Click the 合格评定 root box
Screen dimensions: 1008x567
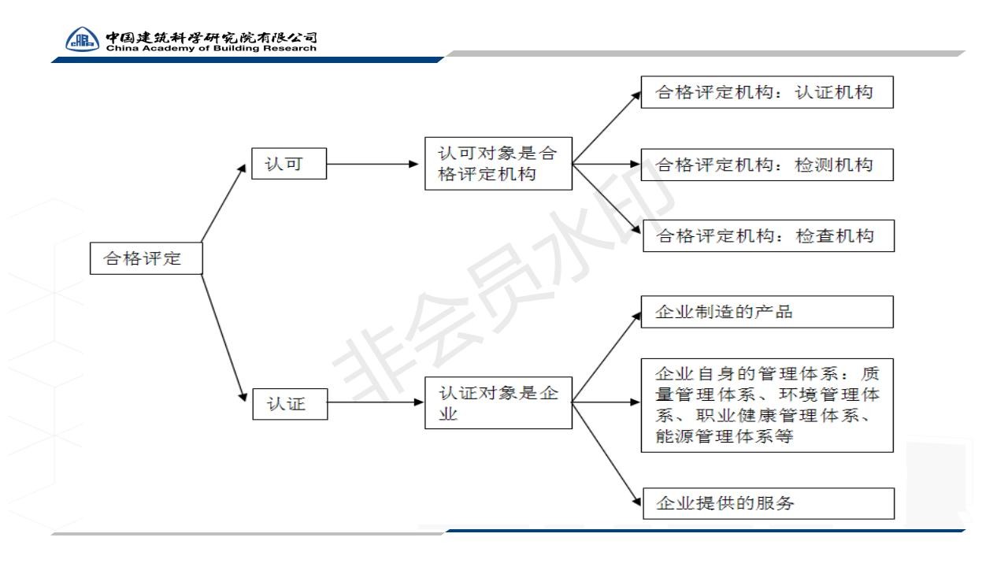146,258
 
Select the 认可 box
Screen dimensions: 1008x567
289,164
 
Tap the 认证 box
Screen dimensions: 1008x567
291,404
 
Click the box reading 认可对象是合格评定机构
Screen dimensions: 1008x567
498,164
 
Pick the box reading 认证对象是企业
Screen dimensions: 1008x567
498,402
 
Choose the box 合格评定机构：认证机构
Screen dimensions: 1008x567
767,92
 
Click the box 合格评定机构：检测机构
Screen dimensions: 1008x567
767,165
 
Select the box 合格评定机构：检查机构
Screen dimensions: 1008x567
769,235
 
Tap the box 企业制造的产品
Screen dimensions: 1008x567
767,312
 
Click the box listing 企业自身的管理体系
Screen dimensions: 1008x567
767,406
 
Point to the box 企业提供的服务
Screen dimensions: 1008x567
769,503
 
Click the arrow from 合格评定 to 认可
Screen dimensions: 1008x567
224,203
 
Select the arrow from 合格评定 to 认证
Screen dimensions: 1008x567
224,338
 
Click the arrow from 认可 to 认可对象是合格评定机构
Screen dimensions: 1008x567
372,165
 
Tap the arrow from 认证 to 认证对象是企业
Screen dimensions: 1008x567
376,402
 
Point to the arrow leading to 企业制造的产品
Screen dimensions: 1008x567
606,358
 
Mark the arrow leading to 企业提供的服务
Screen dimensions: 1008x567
606,454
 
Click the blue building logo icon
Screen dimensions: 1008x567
83,39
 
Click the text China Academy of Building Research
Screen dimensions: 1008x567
211,48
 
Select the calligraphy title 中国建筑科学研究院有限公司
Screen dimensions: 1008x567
211,37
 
